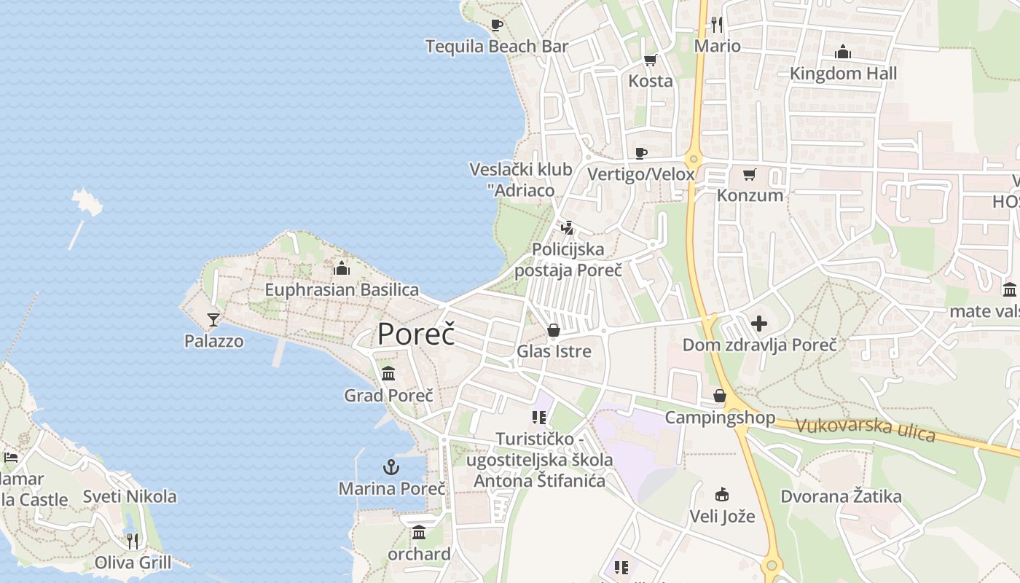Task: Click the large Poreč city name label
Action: click(416, 334)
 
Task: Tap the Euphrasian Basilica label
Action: click(342, 289)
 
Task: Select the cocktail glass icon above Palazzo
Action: click(213, 319)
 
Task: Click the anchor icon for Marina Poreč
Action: click(392, 466)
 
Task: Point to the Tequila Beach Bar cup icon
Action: click(497, 26)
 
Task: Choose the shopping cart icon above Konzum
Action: click(749, 175)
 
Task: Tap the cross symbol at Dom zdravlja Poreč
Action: click(759, 323)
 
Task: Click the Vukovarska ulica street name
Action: click(865, 428)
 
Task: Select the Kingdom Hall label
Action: click(843, 73)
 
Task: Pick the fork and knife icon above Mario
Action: click(717, 25)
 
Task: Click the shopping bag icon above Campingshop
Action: click(720, 396)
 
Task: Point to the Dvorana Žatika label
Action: click(841, 496)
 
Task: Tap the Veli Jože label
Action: click(722, 517)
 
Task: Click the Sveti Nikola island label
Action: click(130, 496)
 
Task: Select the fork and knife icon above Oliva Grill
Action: click(132, 541)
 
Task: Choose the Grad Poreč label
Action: click(388, 395)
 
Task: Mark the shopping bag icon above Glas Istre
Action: click(554, 331)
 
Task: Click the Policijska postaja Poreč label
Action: click(568, 259)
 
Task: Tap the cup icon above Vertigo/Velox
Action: click(640, 153)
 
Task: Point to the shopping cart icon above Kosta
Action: click(650, 60)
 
